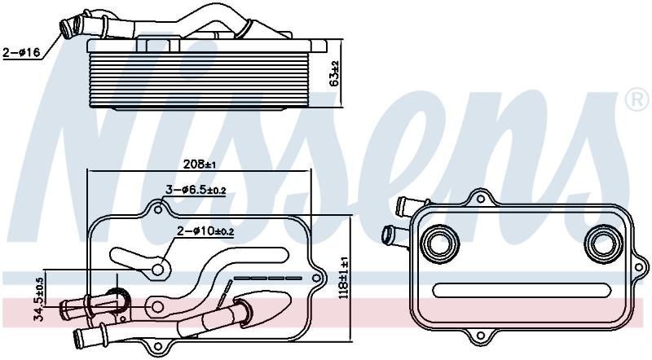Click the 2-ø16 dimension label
click(21, 52)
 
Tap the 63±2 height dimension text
click(334, 74)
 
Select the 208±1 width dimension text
click(199, 164)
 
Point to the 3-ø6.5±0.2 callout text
click(196, 190)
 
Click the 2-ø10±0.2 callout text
click(205, 231)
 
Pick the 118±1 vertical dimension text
click(344, 274)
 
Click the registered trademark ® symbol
click(637, 99)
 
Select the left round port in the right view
click(439, 244)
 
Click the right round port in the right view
click(603, 244)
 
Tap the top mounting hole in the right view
click(480, 199)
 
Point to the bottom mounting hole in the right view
click(480, 336)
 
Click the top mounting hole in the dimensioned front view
click(158, 209)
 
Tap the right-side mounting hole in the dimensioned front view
click(317, 278)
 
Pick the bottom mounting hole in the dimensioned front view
click(158, 347)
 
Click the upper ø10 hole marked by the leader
click(157, 270)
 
